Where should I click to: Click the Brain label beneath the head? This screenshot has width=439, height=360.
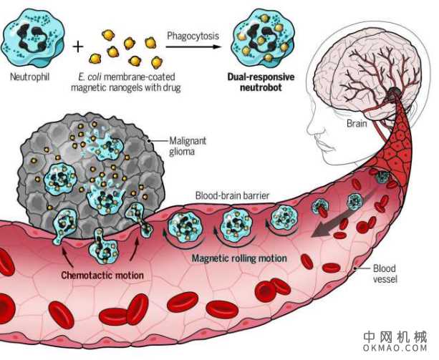pos(357,123)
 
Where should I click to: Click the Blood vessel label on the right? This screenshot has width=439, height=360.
pos(384,274)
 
